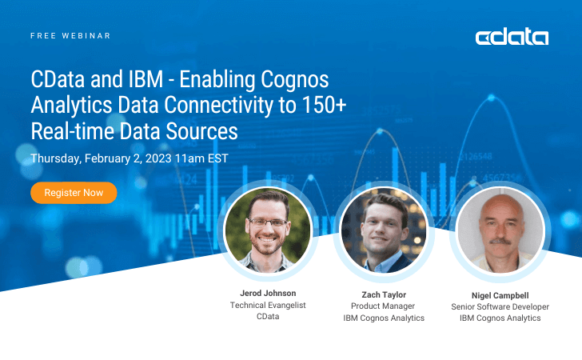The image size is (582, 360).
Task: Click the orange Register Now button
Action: point(74,193)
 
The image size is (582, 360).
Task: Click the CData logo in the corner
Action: point(512,37)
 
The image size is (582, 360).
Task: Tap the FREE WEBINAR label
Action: point(70,36)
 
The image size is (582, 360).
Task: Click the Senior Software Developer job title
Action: point(500,306)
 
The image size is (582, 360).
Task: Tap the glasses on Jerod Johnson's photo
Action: point(268,222)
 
